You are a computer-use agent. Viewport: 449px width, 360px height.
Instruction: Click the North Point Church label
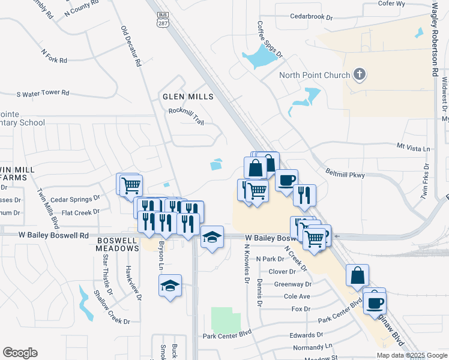315,75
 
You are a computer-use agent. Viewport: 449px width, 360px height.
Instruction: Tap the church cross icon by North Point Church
360,74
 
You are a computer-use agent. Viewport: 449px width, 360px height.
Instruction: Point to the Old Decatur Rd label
130,46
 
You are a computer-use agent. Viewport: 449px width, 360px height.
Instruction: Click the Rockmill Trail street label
186,116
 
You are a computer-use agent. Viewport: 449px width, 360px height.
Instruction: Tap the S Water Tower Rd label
43,94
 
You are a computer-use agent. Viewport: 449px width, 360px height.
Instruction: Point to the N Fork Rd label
54,57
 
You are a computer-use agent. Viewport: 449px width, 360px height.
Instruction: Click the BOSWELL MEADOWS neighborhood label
118,245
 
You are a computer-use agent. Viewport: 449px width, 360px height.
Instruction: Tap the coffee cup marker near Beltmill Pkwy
286,179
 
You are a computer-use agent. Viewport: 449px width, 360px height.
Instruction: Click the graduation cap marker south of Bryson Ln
170,285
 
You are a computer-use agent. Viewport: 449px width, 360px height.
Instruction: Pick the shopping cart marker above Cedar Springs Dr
130,184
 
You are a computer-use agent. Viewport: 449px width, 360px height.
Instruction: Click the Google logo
20,353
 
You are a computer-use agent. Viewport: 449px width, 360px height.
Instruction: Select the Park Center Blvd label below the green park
227,335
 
